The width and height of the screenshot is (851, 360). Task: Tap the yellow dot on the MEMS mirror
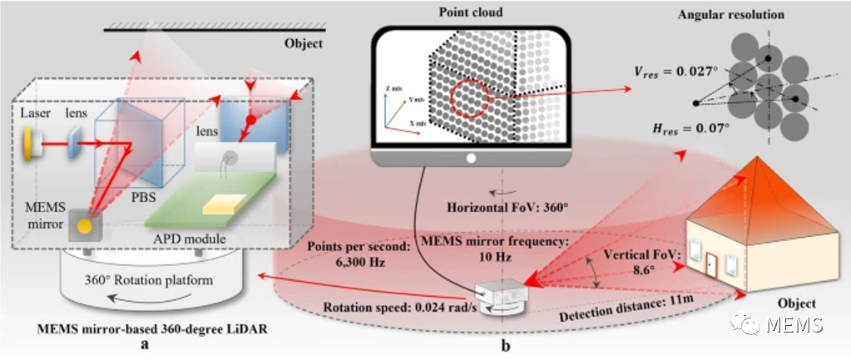click(x=85, y=224)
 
